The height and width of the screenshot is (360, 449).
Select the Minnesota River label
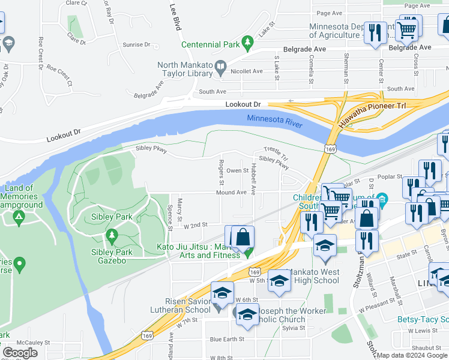coord(274,119)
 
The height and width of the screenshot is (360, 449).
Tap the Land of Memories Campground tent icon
coord(19,215)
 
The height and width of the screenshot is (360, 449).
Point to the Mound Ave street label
coord(232,193)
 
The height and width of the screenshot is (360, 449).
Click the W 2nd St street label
coord(195,224)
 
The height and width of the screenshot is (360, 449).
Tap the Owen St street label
coord(237,170)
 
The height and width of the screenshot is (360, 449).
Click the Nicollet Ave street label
coord(247,71)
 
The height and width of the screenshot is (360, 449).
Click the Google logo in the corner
coord(20,353)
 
